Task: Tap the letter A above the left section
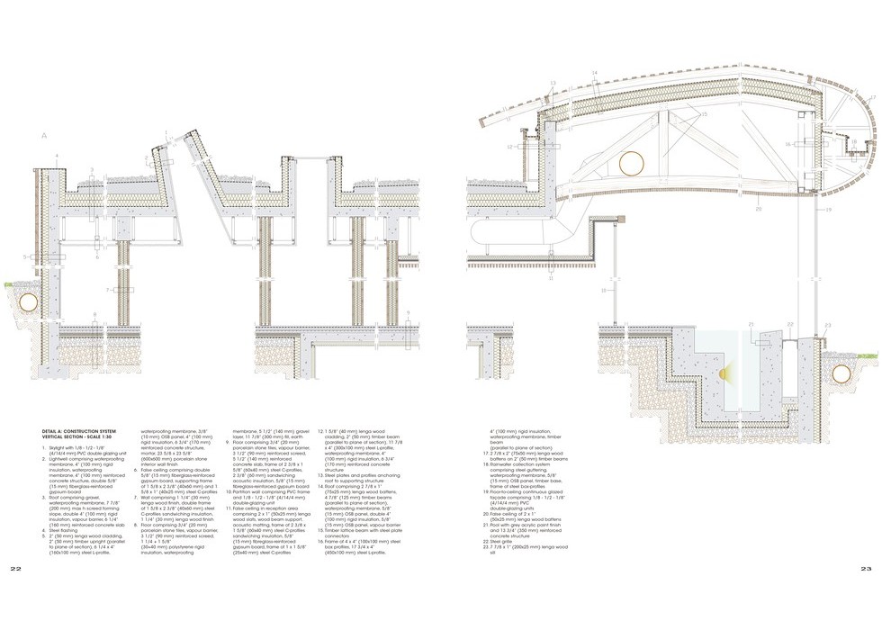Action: coord(42,135)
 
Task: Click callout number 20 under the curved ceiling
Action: coord(758,209)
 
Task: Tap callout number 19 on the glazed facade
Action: coord(826,209)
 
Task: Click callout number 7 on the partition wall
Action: coord(106,290)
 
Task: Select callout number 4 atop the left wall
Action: coord(56,157)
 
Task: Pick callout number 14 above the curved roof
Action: coord(595,72)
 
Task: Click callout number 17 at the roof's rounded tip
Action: coord(871,96)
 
